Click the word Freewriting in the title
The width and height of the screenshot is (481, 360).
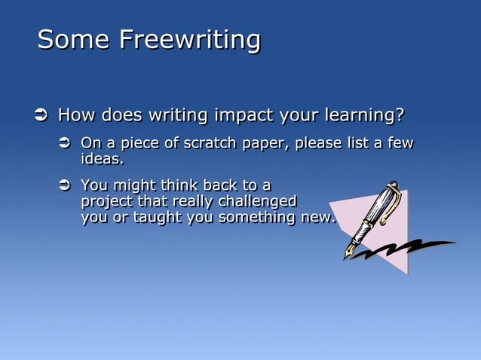(x=190, y=39)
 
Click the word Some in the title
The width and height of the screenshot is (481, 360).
(x=72, y=39)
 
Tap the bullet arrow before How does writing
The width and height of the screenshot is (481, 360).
(x=41, y=116)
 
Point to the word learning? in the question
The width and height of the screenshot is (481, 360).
(x=364, y=116)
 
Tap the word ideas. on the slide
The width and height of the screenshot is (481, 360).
(x=102, y=159)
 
